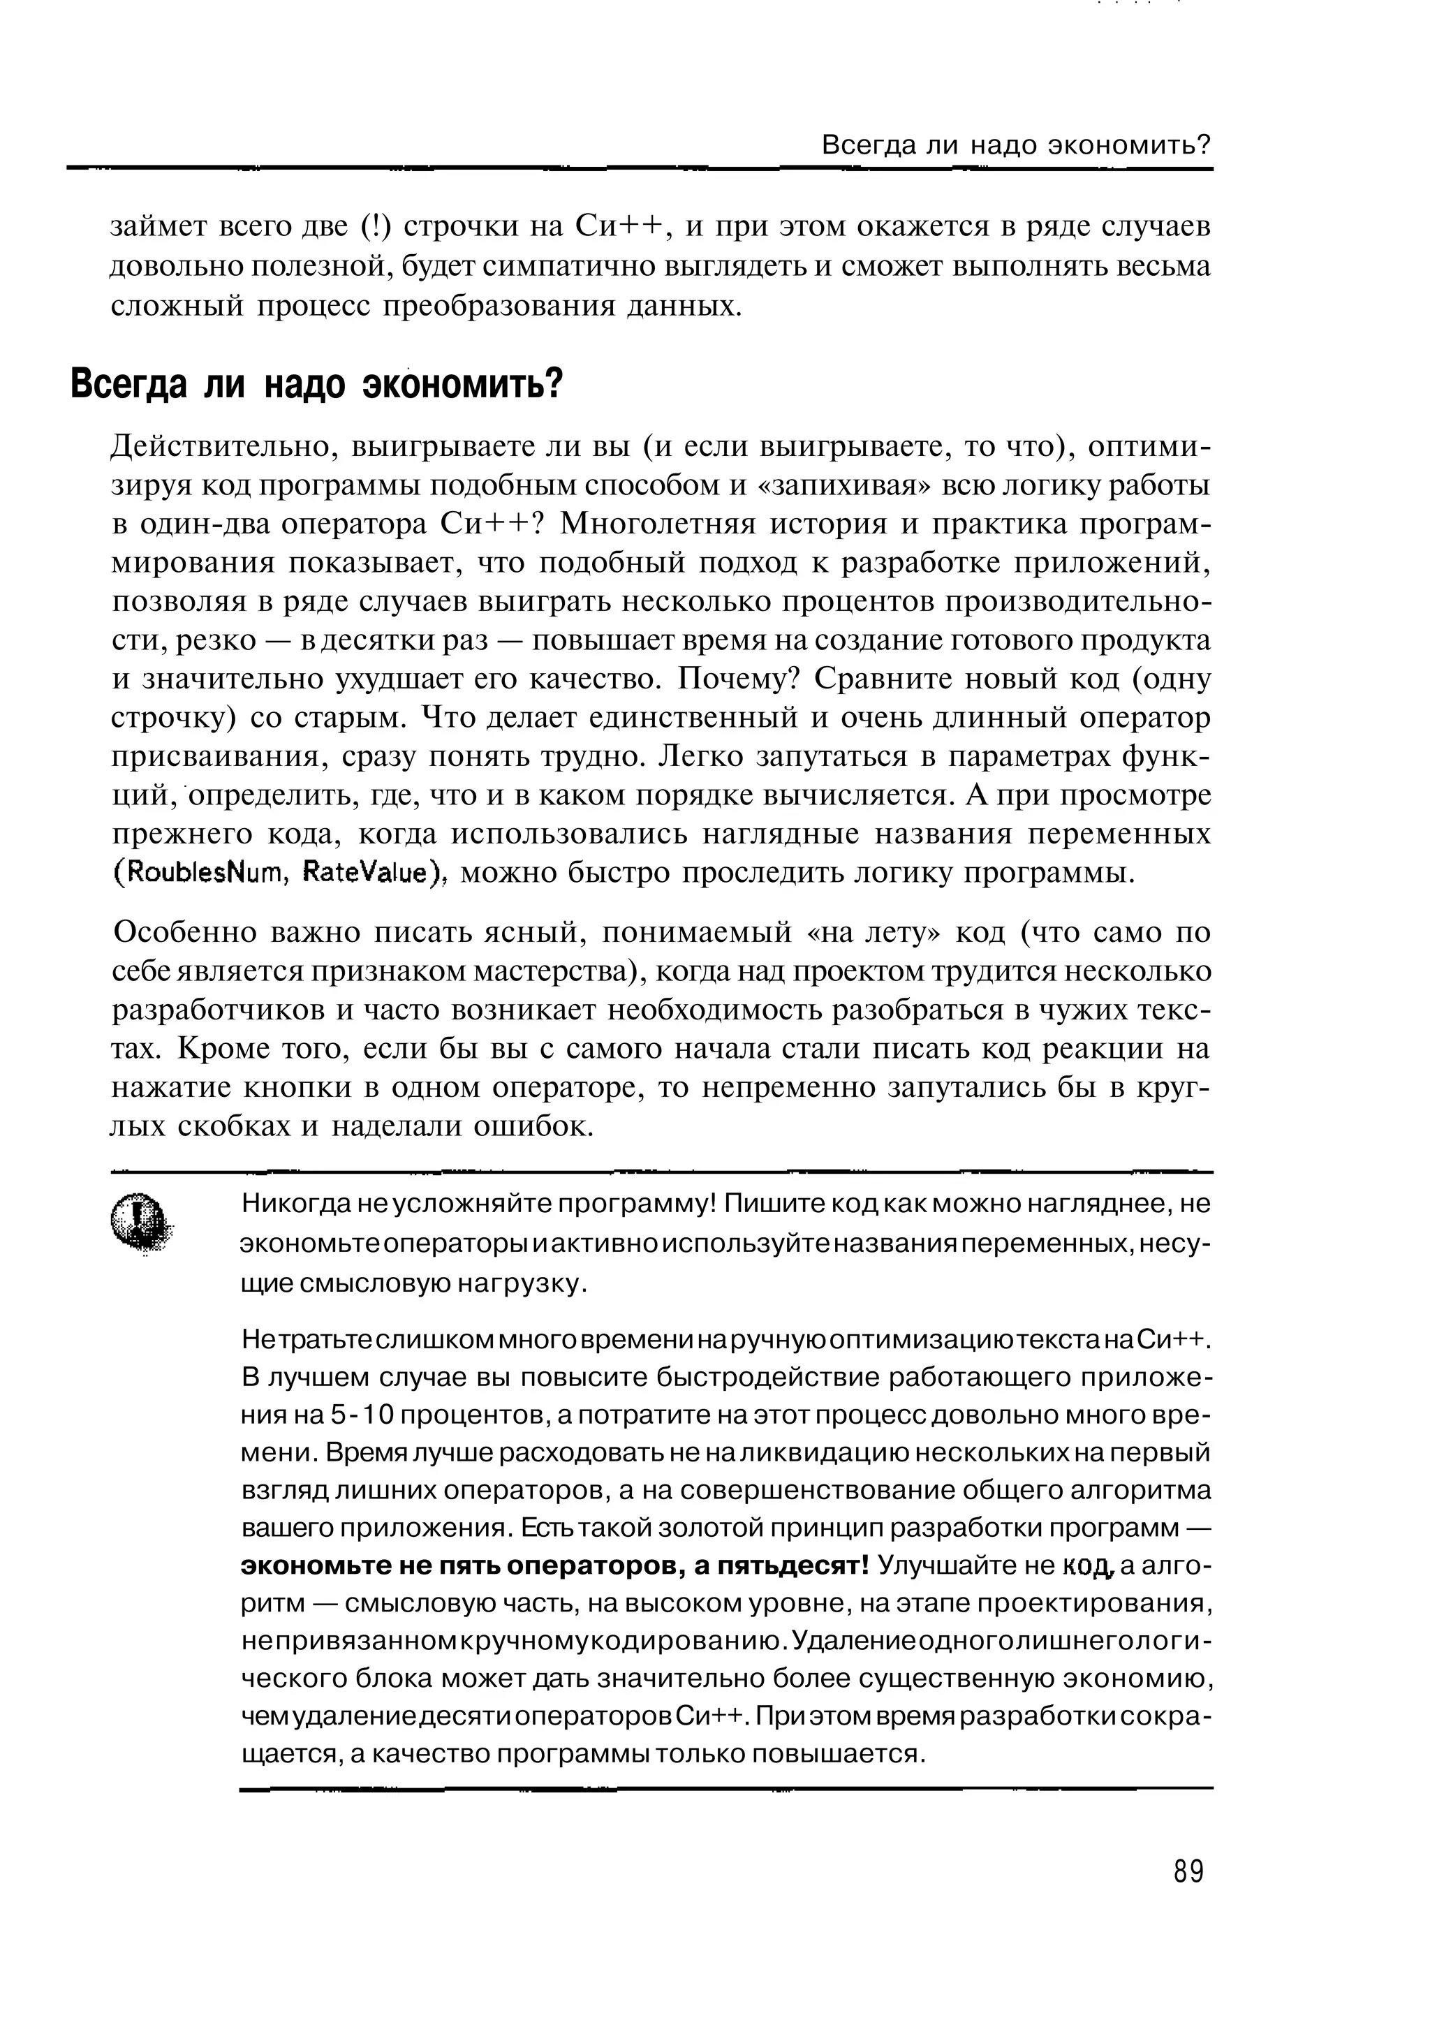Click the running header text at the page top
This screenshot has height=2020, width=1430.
click(1016, 145)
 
